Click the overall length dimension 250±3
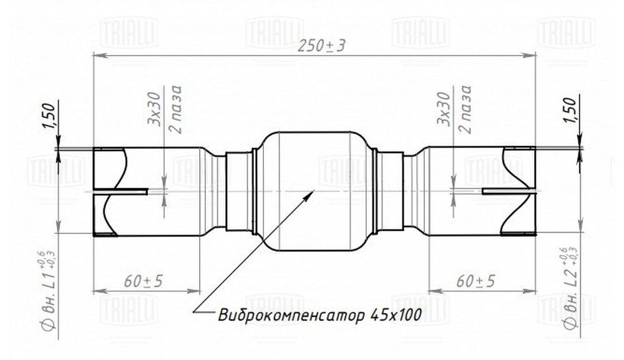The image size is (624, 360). pyautogui.click(x=321, y=47)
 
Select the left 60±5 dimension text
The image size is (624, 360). pyautogui.click(x=144, y=281)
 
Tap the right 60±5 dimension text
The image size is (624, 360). pyautogui.click(x=475, y=281)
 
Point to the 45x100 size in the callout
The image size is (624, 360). pyautogui.click(x=396, y=315)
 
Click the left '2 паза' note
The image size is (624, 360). pyautogui.click(x=176, y=109)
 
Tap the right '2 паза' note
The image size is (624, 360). pyautogui.click(x=466, y=109)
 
